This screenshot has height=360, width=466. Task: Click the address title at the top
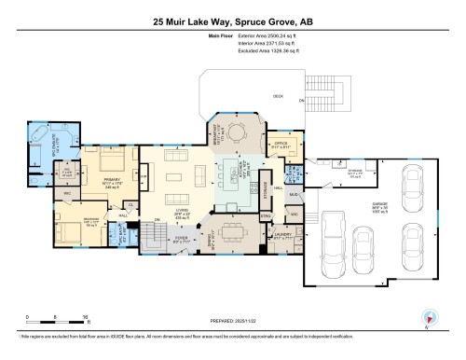232,21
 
